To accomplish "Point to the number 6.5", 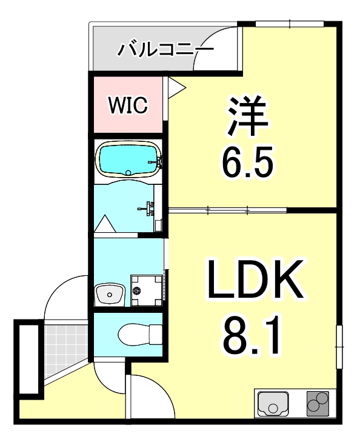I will click(x=248, y=161).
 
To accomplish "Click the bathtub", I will click(x=128, y=159).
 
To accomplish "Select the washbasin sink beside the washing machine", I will click(x=110, y=295).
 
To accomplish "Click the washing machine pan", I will click(x=147, y=289).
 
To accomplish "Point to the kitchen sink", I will click(x=274, y=403).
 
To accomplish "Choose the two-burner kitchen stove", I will click(x=318, y=403).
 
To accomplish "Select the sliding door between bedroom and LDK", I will click(x=227, y=211).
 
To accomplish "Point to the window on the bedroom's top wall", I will click(x=290, y=24).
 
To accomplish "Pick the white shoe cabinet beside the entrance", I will click(x=28, y=358).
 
